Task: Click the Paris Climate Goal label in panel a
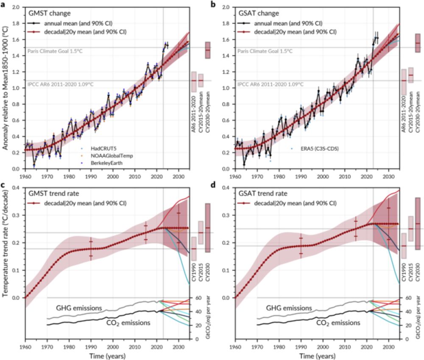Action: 54,51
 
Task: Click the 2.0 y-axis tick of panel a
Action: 17,7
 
